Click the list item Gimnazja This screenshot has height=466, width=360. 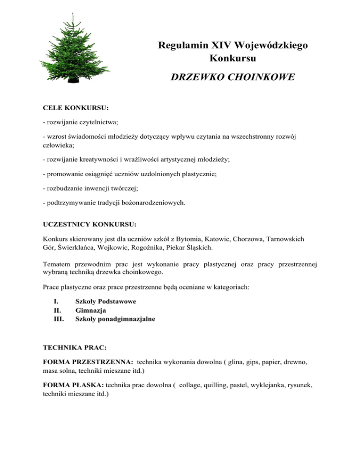point(90,310)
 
